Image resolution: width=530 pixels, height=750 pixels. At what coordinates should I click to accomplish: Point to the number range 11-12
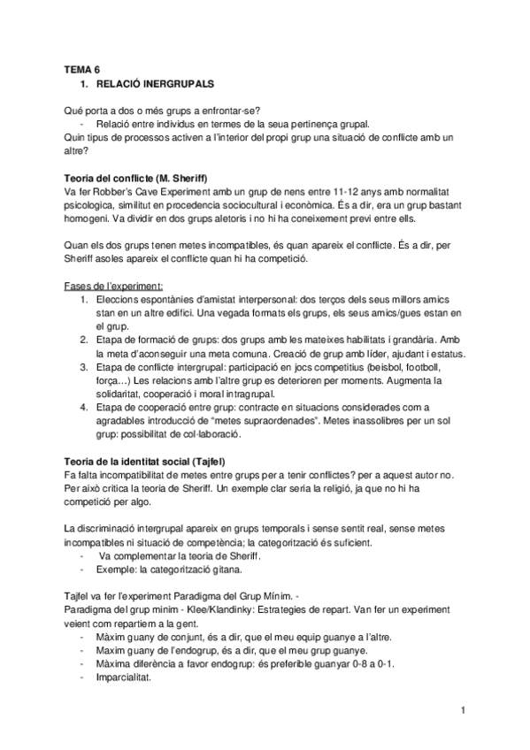343,192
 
